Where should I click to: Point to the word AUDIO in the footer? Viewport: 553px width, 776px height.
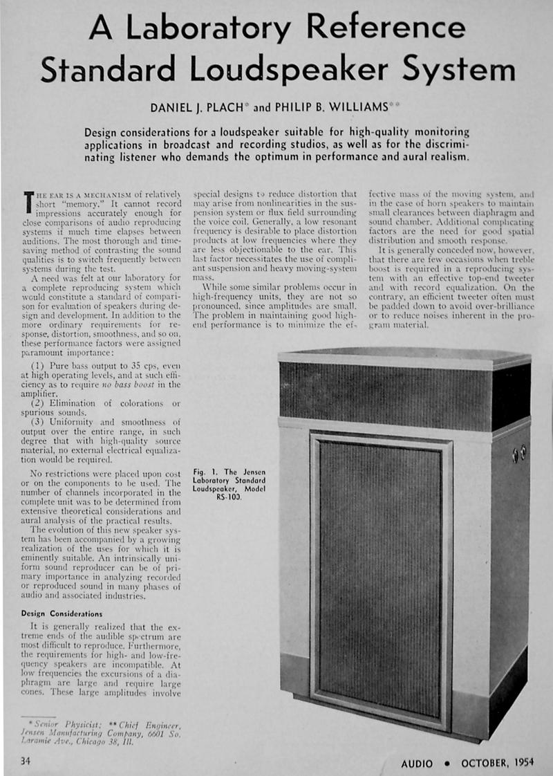[417, 764]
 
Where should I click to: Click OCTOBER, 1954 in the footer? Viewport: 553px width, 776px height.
[496, 764]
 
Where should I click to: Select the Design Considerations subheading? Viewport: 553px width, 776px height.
[62, 613]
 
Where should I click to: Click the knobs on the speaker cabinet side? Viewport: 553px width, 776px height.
[518, 454]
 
